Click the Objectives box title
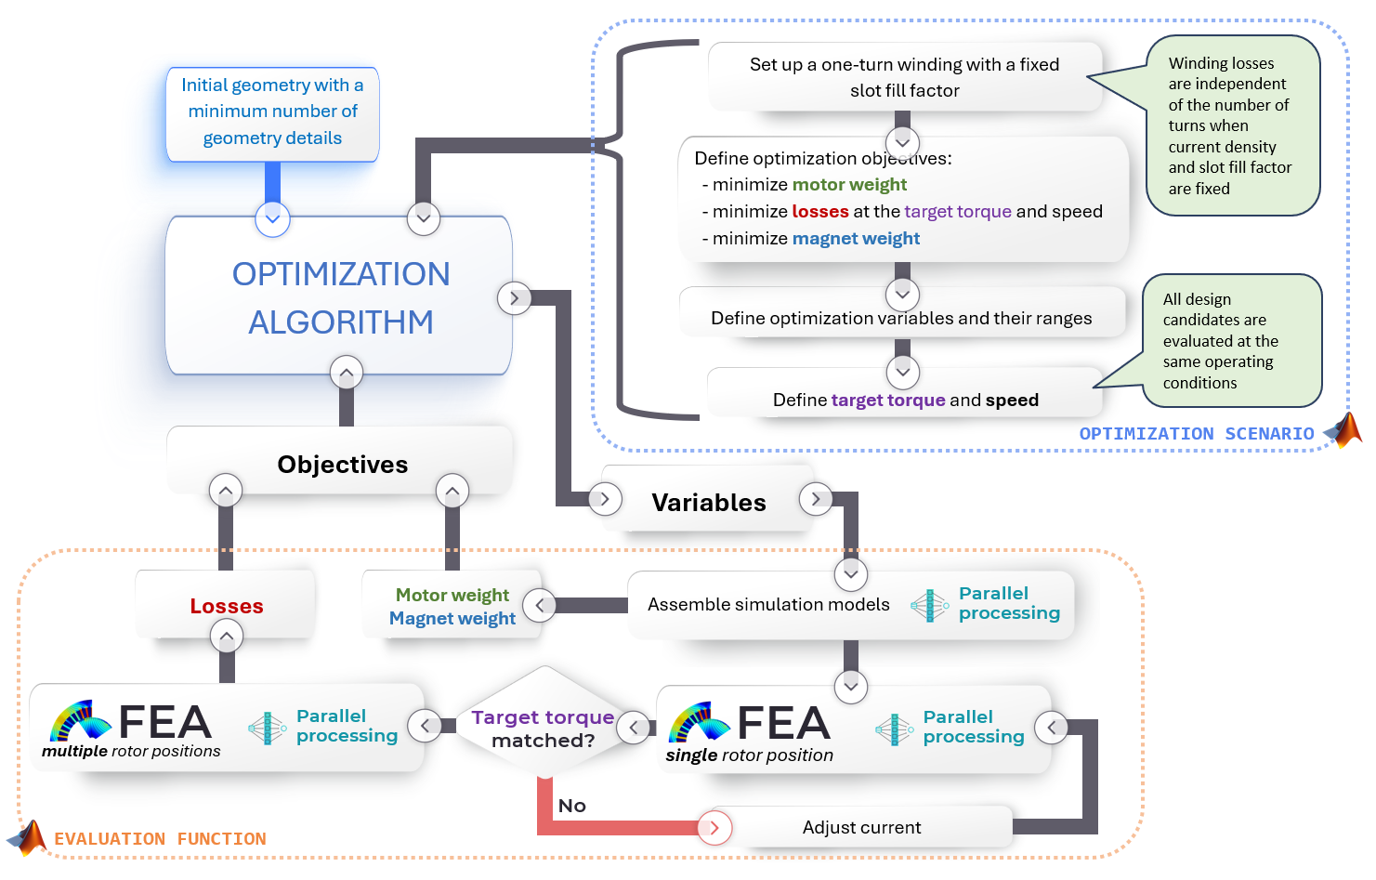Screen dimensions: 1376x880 click(342, 465)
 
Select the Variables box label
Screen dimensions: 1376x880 click(709, 503)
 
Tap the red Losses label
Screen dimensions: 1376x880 click(227, 606)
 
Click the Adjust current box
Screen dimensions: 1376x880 click(861, 827)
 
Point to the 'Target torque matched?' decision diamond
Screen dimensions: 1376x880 click(543, 725)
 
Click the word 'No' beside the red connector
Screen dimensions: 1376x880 click(572, 806)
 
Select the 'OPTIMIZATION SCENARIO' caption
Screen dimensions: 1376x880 click(1197, 434)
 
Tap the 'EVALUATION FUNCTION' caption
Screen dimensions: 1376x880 click(161, 839)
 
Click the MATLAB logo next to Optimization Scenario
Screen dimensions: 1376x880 click(1344, 430)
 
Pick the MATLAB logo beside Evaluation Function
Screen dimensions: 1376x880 click(27, 837)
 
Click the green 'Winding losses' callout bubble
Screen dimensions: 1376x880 click(1232, 125)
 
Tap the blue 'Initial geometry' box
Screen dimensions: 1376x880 click(273, 114)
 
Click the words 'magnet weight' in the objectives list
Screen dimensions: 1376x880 click(856, 239)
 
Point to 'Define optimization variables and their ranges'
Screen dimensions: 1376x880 click(901, 319)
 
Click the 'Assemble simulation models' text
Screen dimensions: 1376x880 click(768, 605)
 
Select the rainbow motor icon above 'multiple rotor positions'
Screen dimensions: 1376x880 click(80, 720)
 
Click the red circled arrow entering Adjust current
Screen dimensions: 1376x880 click(714, 828)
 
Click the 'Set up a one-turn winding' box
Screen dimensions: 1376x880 click(905, 77)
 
